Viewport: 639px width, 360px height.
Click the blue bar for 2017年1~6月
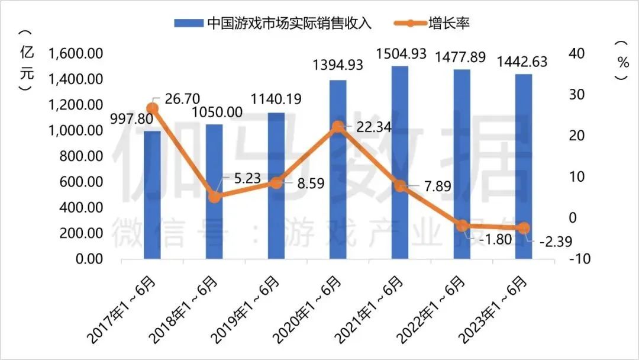[152, 195]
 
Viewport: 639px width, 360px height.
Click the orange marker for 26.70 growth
[153, 108]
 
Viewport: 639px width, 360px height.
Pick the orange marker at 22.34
[338, 127]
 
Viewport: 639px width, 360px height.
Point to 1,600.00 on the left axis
[76, 54]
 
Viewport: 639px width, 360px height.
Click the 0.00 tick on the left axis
[88, 259]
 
